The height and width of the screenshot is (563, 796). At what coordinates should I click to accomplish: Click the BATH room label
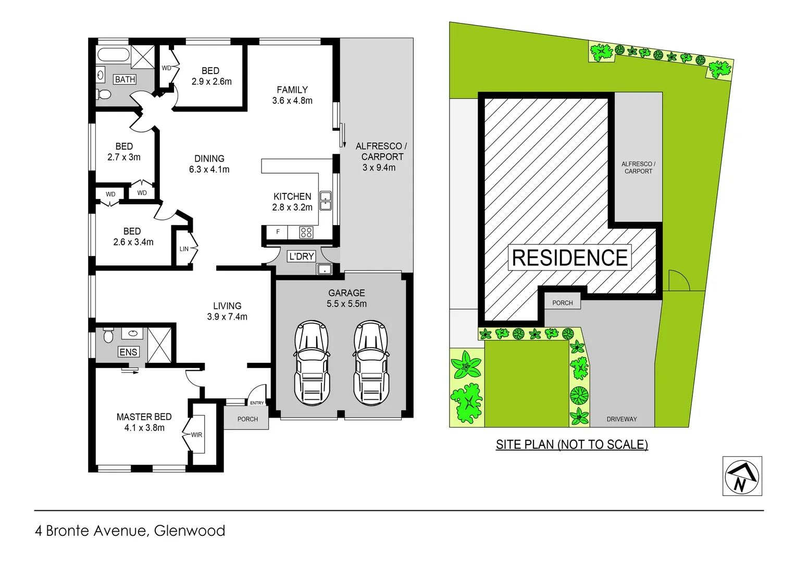click(x=125, y=79)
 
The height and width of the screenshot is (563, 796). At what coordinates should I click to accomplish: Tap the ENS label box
click(x=128, y=352)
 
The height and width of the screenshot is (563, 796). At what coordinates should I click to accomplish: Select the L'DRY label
click(x=301, y=256)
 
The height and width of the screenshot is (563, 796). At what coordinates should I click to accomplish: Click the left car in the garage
click(x=312, y=363)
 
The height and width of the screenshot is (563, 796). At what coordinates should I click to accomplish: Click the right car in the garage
click(x=370, y=363)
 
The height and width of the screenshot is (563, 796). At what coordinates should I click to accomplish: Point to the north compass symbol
click(x=742, y=476)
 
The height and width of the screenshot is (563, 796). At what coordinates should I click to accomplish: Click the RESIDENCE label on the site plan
click(x=569, y=258)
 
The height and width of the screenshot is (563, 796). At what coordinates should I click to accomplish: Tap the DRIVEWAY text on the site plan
click(x=621, y=419)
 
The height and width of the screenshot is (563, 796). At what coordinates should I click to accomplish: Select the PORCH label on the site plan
click(x=562, y=303)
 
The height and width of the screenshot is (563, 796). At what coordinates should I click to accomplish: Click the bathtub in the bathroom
click(x=113, y=55)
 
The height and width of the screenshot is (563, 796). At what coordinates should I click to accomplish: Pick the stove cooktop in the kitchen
click(x=306, y=232)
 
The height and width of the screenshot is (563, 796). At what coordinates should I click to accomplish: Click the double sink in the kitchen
click(x=326, y=201)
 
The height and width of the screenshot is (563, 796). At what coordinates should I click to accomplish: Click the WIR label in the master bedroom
click(x=196, y=435)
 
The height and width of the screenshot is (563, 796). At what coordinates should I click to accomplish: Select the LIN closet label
click(x=184, y=249)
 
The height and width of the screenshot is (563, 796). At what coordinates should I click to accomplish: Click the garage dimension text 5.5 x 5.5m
click(x=346, y=303)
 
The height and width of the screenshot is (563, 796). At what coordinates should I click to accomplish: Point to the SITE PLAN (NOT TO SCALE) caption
click(x=571, y=445)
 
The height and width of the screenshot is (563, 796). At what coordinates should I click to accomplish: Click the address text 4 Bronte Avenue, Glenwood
click(x=130, y=531)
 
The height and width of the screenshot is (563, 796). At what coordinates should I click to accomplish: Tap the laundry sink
click(x=325, y=270)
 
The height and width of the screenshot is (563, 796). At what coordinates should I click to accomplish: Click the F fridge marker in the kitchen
click(x=278, y=232)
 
